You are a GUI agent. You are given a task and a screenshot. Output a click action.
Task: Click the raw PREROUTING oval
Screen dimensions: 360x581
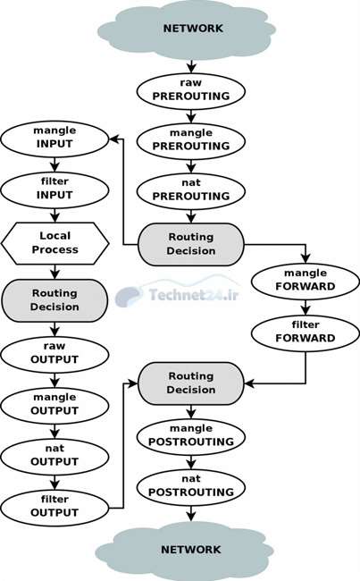[191, 91]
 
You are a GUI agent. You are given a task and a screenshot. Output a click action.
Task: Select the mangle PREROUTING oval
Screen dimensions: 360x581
[191, 141]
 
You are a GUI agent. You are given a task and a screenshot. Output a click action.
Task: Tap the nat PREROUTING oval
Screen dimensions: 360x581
[191, 191]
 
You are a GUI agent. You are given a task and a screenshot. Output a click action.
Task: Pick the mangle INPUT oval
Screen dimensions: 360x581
[54, 139]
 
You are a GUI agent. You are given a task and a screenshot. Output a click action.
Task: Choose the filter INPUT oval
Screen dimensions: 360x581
[54, 190]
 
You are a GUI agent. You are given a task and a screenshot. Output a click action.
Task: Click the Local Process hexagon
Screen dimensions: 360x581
[54, 243]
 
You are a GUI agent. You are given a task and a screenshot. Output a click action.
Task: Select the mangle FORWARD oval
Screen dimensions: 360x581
[306, 282]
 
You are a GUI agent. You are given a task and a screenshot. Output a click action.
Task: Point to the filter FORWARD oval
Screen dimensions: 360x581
[306, 333]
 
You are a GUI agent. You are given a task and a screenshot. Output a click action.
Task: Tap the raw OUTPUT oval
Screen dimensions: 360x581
[54, 355]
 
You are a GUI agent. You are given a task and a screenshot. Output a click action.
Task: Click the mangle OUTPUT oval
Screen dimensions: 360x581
[54, 406]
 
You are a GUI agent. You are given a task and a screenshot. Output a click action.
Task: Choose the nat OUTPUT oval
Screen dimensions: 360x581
[54, 458]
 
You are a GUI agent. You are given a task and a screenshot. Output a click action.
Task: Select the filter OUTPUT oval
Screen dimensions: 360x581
[54, 508]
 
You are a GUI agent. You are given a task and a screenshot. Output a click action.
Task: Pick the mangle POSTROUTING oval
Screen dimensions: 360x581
[191, 437]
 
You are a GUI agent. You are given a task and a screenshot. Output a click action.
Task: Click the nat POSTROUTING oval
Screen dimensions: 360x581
[191, 488]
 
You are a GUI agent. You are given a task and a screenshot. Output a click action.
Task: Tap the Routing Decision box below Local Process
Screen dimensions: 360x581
[54, 300]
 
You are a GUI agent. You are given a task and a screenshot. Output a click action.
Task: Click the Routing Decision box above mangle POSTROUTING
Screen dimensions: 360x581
[191, 383]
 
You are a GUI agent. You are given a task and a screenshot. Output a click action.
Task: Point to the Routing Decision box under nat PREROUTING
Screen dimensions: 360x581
[191, 245]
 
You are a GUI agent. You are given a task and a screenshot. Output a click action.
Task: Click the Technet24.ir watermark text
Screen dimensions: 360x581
[193, 295]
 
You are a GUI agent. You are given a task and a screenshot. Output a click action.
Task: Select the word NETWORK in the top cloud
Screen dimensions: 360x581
[193, 29]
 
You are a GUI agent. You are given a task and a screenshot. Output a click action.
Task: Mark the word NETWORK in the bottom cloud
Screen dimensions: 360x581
[191, 550]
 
